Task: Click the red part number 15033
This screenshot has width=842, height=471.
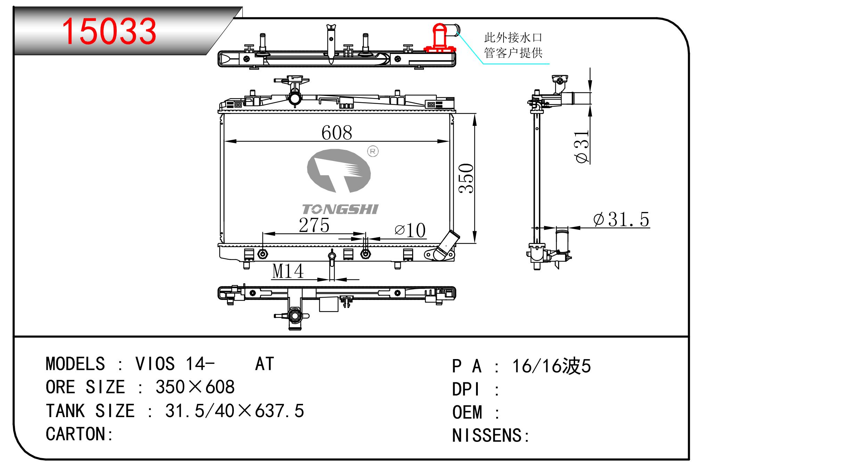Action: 109,31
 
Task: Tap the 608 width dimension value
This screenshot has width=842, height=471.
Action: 337,132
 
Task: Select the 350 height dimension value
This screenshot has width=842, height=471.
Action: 466,178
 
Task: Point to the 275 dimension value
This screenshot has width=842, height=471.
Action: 314,225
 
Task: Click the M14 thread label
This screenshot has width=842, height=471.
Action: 288,271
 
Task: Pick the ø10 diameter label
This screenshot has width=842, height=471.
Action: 410,230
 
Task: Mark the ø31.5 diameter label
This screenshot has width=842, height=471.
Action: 621,219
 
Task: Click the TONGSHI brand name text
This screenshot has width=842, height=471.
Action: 340,209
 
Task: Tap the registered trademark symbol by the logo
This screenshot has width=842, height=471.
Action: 373,151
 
